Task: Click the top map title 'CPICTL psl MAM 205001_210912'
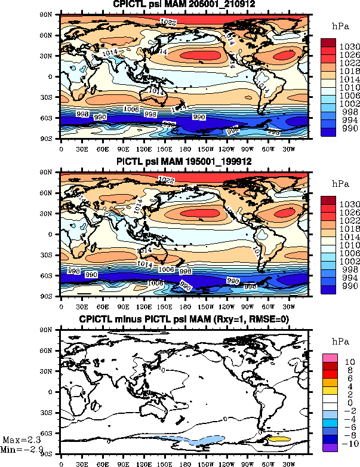[x=184, y=5]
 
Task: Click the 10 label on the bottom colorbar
[x=349, y=362]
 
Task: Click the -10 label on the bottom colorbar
[x=349, y=444]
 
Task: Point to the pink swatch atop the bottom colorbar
[x=331, y=357]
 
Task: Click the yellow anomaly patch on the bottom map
[x=279, y=439]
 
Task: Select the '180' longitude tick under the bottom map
[x=185, y=462]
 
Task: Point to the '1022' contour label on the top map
[x=169, y=21]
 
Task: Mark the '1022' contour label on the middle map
[x=169, y=179]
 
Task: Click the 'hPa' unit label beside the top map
[x=339, y=26]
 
